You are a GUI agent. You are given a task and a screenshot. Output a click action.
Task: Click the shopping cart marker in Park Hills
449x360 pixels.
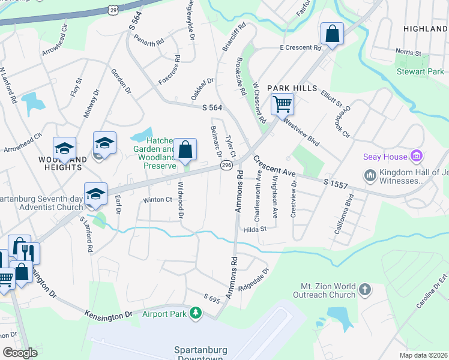[x=282, y=104]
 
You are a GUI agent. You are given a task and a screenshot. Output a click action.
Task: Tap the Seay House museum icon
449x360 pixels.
[x=417, y=157]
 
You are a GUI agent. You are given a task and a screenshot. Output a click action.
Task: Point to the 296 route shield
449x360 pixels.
[x=226, y=164]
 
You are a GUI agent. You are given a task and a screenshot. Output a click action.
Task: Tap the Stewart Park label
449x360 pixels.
[x=420, y=72]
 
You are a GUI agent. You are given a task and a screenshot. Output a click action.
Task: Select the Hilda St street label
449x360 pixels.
[x=255, y=229]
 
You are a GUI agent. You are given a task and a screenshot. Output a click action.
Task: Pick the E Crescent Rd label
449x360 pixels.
[x=300, y=47]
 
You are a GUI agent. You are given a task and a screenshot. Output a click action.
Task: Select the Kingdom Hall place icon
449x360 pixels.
[x=370, y=175]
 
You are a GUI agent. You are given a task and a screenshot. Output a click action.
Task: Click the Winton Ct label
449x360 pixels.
[x=157, y=200]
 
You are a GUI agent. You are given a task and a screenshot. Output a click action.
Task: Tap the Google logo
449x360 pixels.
[x=20, y=353]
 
